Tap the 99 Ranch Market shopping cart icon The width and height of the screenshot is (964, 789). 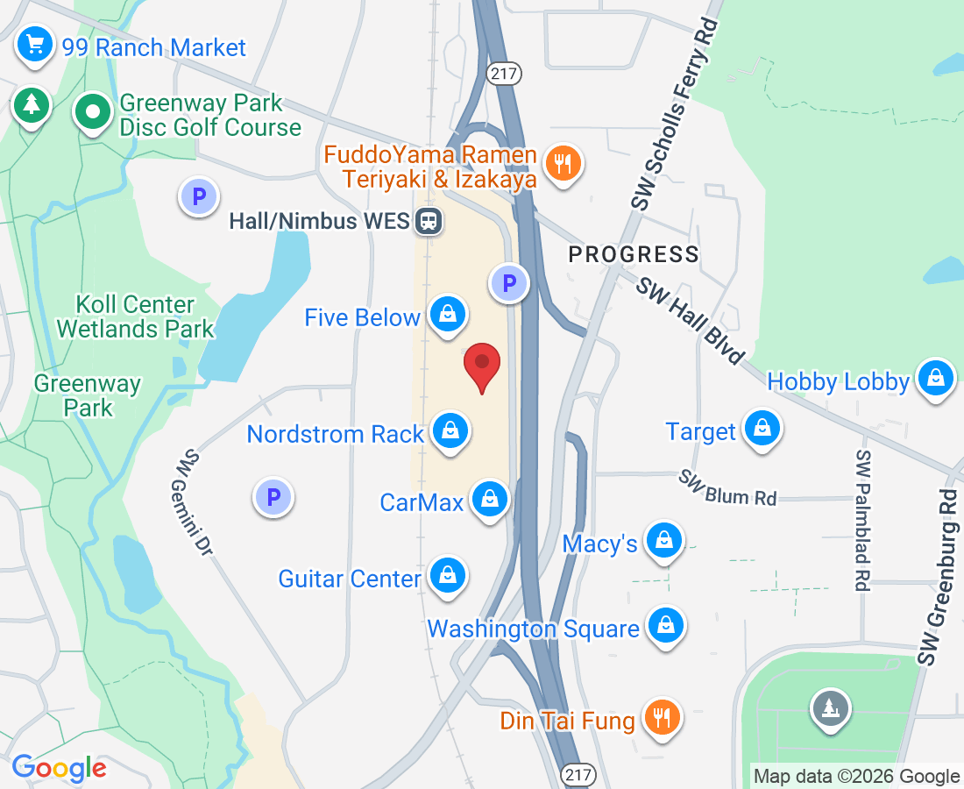click(35, 44)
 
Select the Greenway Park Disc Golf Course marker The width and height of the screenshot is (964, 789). click(92, 112)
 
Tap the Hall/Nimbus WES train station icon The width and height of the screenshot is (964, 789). click(429, 220)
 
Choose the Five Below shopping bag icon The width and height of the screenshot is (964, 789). click(448, 314)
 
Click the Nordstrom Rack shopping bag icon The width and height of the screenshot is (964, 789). click(450, 430)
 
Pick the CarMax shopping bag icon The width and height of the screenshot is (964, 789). click(490, 500)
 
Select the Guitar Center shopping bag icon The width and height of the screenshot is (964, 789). click(448, 576)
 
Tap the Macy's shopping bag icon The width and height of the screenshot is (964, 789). click(664, 541)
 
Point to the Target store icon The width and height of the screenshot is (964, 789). click(762, 429)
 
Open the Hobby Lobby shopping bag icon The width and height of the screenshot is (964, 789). click(935, 379)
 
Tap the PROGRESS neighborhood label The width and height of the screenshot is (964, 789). click(634, 255)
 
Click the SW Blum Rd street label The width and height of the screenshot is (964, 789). click(727, 487)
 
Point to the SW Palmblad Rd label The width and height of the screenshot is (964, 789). click(864, 521)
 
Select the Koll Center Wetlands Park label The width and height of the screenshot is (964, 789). click(135, 316)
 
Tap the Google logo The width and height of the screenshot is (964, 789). click(59, 768)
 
